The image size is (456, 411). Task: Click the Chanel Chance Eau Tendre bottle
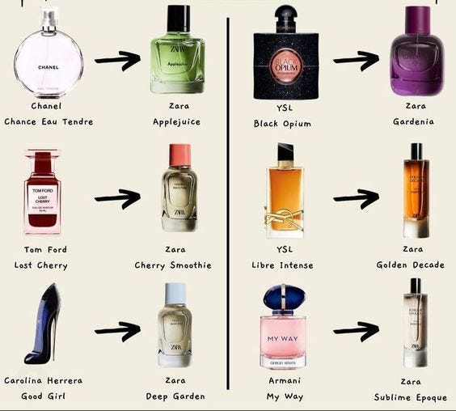48,61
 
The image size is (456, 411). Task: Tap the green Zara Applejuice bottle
177,61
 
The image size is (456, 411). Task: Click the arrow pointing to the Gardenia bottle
356,59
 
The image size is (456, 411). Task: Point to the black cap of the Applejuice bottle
177,18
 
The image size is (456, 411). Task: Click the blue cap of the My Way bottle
283,298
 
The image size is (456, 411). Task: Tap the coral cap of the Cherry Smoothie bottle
179,154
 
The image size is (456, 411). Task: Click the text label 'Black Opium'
282,124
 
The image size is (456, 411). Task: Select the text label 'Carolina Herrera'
43,380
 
